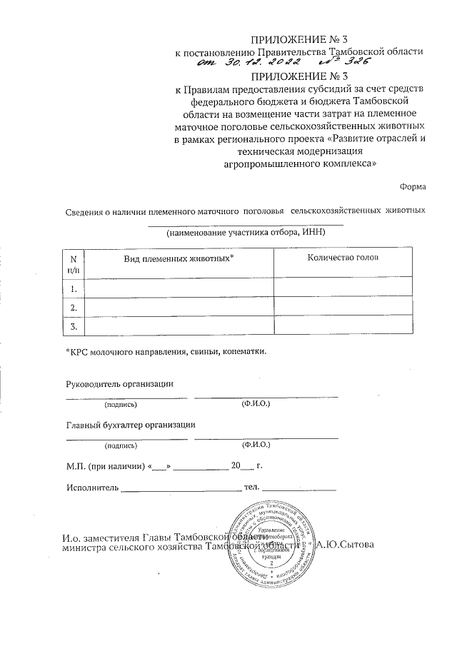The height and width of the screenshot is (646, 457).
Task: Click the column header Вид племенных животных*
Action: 179,257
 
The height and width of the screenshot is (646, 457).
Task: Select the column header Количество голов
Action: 343,257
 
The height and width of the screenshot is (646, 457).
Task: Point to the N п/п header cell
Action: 73,263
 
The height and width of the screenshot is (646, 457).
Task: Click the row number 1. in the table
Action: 73,288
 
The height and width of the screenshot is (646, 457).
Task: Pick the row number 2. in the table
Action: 73,307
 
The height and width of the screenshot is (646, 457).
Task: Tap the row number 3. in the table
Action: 73,326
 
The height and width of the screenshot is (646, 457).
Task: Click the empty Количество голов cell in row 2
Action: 343,307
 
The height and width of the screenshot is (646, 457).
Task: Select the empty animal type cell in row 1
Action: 179,288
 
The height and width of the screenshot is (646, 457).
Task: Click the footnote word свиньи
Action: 204,351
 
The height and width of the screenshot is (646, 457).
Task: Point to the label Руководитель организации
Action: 120,383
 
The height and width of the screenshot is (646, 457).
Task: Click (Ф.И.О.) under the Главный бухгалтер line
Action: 256,445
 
